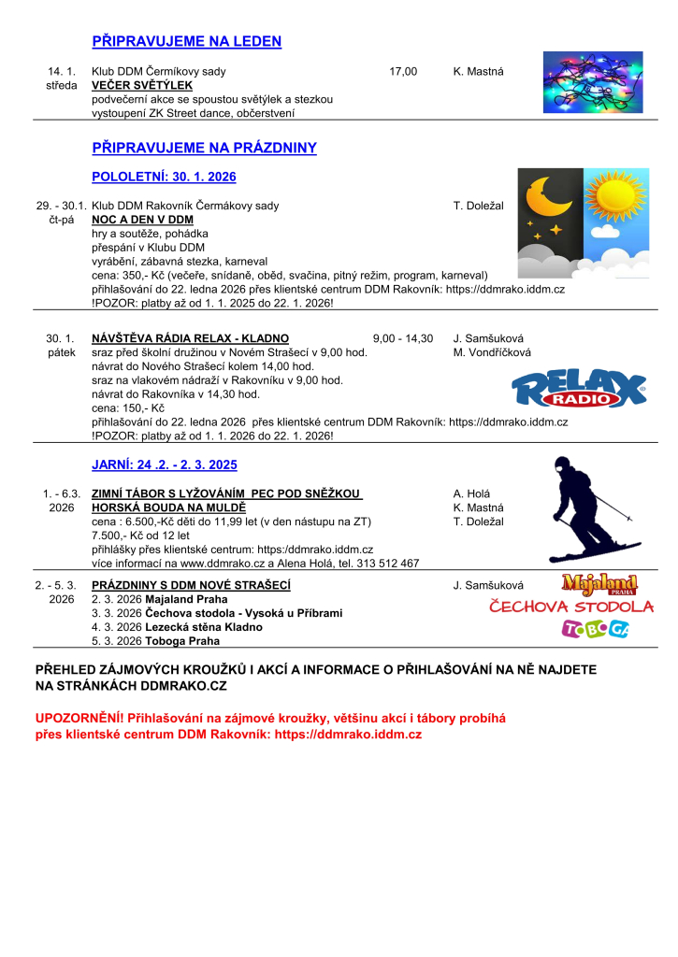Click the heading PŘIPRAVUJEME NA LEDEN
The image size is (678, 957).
point(186,41)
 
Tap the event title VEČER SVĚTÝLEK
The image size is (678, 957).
point(141,85)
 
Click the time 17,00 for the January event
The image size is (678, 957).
point(403,71)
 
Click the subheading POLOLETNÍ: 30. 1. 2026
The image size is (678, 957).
point(164,177)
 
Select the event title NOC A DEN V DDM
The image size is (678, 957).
point(142,220)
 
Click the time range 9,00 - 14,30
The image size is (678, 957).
point(402,338)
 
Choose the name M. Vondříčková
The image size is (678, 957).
point(492,352)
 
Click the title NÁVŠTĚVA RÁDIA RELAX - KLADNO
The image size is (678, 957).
point(190,338)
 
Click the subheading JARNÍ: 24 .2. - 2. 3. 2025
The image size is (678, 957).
point(165,464)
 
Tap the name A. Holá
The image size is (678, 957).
point(471,493)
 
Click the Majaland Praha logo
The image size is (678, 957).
point(599,585)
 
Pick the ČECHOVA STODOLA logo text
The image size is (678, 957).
point(571,607)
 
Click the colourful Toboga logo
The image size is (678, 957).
point(595,630)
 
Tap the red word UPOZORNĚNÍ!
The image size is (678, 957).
point(78,718)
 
